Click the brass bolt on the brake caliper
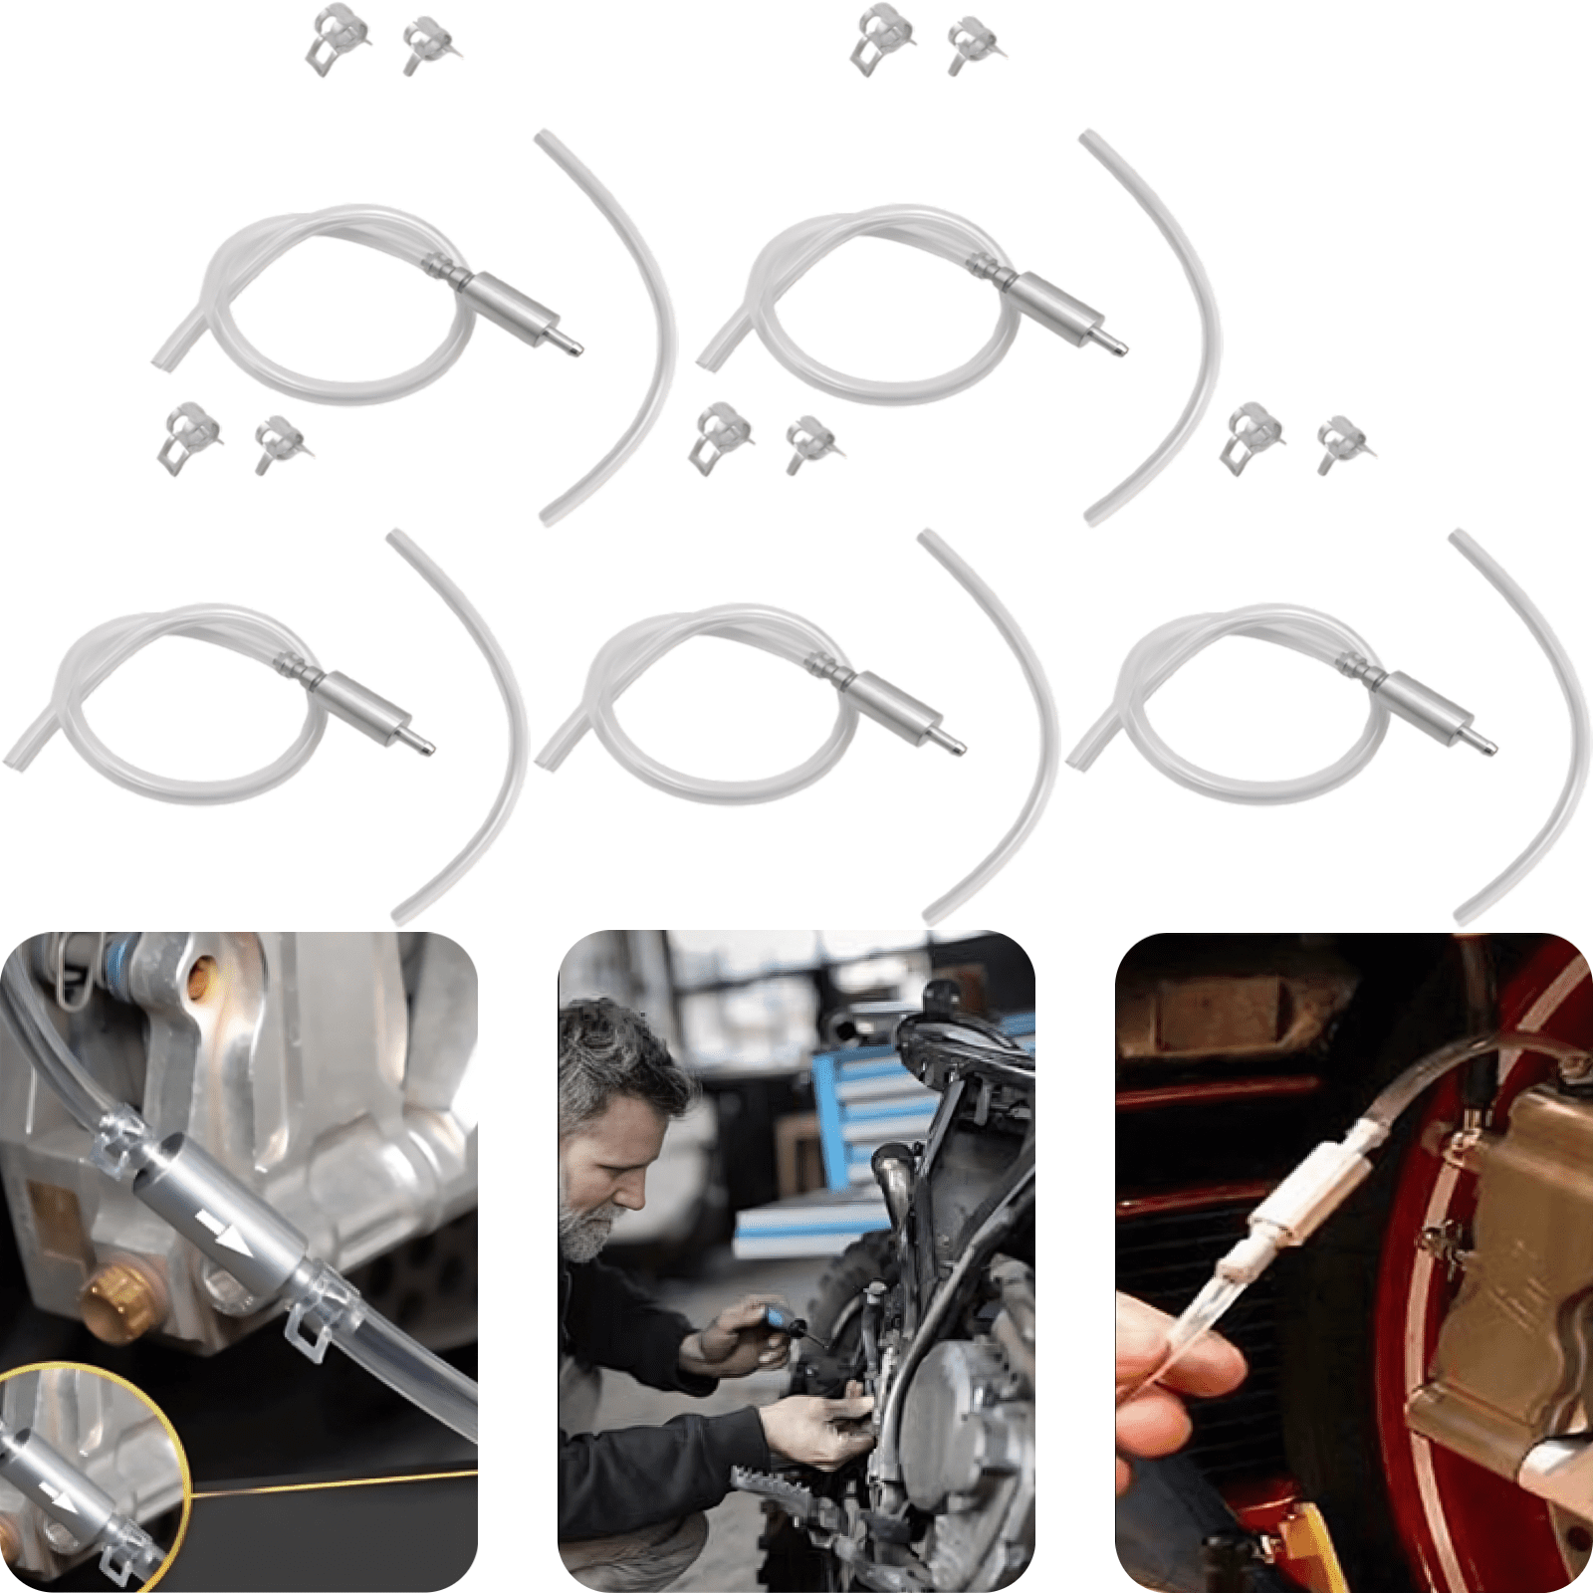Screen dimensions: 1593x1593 (117, 1300)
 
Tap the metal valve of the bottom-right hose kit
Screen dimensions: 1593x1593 (1422, 702)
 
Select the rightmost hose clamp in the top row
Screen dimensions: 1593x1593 (974, 42)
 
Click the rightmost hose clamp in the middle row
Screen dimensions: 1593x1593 (1342, 442)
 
